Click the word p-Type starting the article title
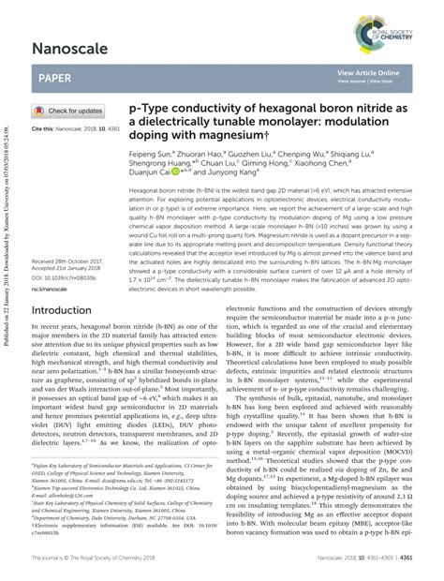(155, 110)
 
